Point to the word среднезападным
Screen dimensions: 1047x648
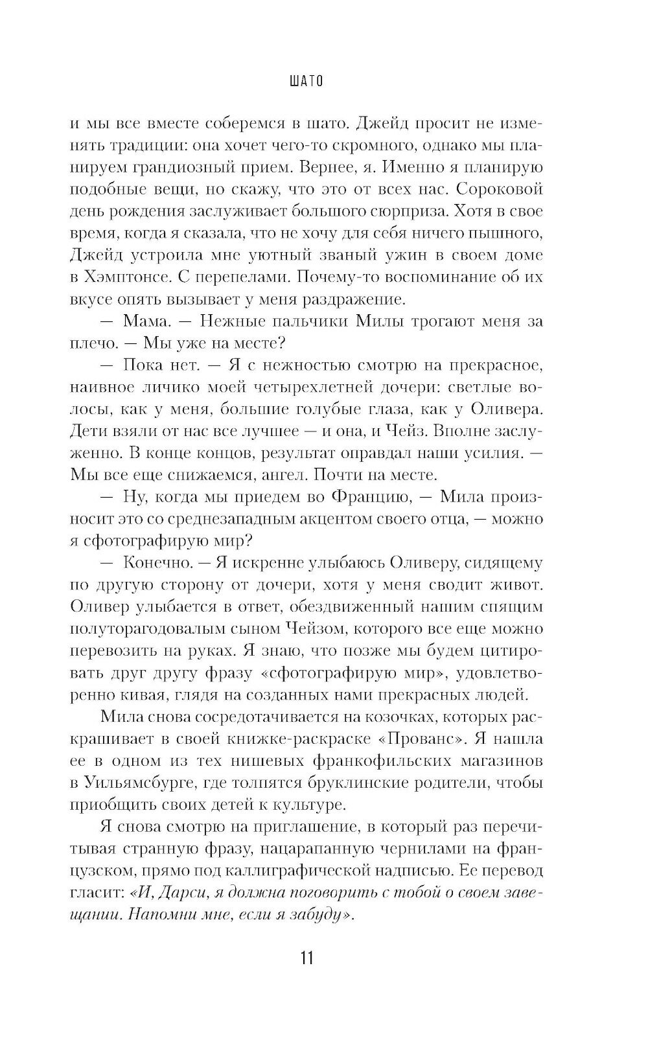click(255, 519)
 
